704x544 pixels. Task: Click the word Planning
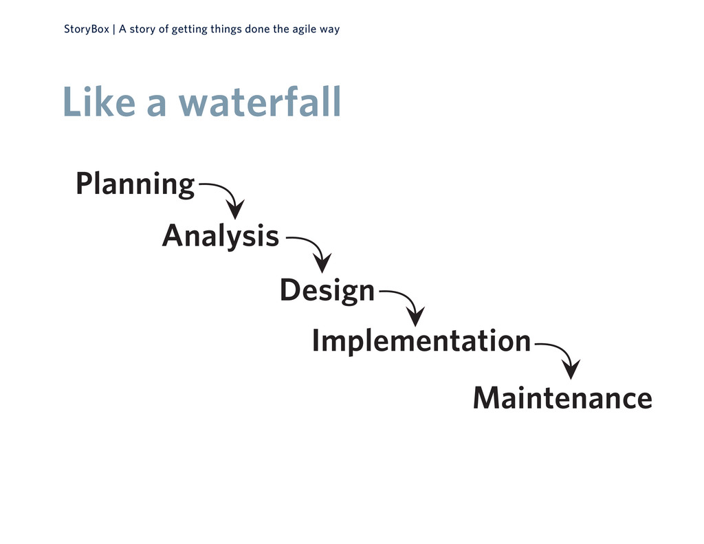click(x=135, y=184)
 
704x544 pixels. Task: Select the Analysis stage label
click(x=220, y=237)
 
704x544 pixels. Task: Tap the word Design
click(x=327, y=290)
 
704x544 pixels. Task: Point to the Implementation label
click(x=421, y=340)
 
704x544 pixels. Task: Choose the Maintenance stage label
click(x=562, y=398)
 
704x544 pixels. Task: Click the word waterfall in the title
click(x=259, y=103)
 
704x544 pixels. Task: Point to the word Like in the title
click(x=98, y=103)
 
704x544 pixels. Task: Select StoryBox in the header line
click(x=86, y=30)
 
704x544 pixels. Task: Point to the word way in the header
click(x=331, y=30)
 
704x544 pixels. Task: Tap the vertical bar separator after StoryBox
click(x=113, y=30)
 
